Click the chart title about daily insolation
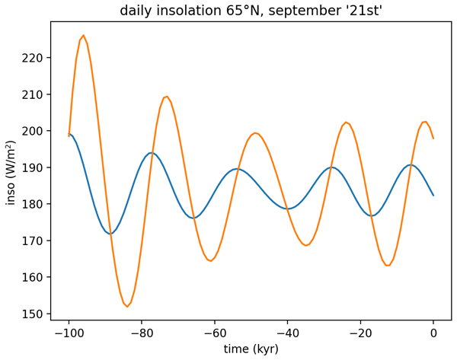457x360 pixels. (x=251, y=11)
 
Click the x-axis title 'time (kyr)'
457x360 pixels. (x=251, y=349)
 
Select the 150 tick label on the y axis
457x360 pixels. (x=35, y=314)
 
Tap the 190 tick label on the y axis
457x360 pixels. (x=35, y=167)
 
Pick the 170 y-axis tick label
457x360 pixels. (x=35, y=241)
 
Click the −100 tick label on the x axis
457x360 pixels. (x=69, y=332)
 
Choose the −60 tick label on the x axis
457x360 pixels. (x=215, y=332)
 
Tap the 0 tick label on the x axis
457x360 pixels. (x=433, y=332)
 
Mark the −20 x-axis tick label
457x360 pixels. (x=360, y=332)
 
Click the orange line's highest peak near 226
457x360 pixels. (x=84, y=35)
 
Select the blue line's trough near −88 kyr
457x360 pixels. (x=111, y=234)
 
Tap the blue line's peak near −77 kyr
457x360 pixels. (x=152, y=153)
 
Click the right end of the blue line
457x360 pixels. (x=433, y=196)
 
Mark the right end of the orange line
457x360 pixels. (x=433, y=139)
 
